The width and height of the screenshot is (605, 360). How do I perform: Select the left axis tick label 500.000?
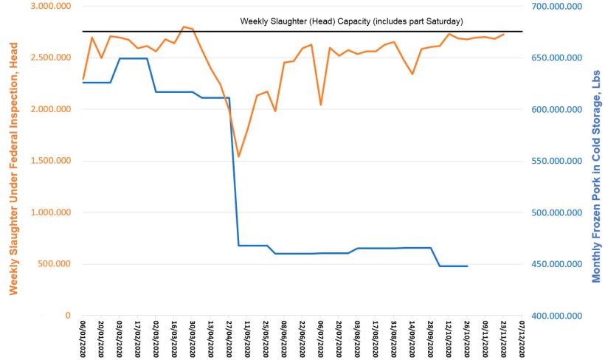tap(53, 264)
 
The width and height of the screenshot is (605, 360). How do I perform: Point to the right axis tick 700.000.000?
tap(554, 6)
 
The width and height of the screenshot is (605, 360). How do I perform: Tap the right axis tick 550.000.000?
tap(554, 161)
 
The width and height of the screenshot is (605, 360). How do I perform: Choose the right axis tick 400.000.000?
tap(554, 316)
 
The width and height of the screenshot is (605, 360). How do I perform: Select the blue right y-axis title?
tap(596, 177)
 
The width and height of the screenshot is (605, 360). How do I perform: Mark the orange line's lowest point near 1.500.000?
tap(238, 156)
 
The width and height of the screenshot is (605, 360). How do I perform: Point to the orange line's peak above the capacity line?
tap(183, 27)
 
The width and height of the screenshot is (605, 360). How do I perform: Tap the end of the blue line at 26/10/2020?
tap(467, 266)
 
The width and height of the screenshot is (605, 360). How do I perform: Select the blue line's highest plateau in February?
tap(133, 58)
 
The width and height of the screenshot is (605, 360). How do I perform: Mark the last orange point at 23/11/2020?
tap(503, 34)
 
